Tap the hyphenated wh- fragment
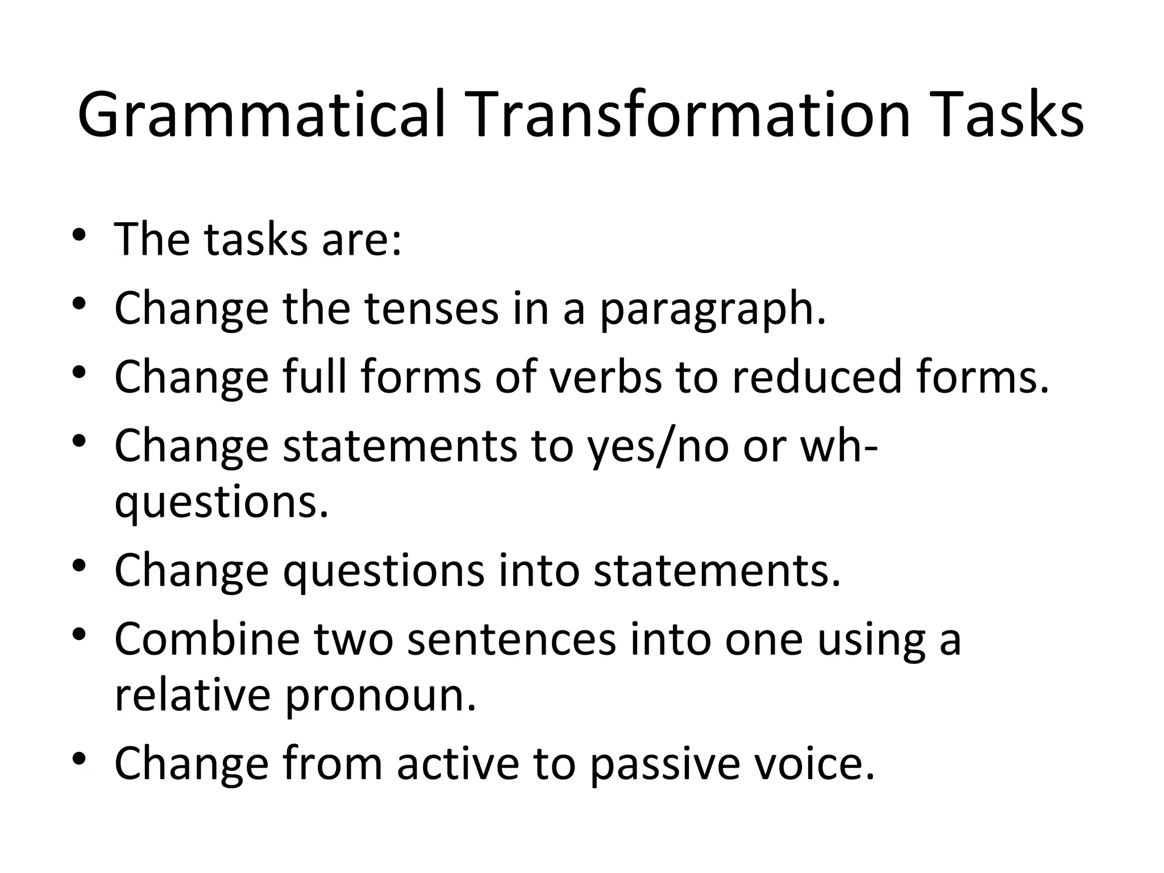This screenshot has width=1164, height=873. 839,446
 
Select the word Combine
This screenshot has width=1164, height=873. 207,639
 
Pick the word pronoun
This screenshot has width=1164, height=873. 380,698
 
